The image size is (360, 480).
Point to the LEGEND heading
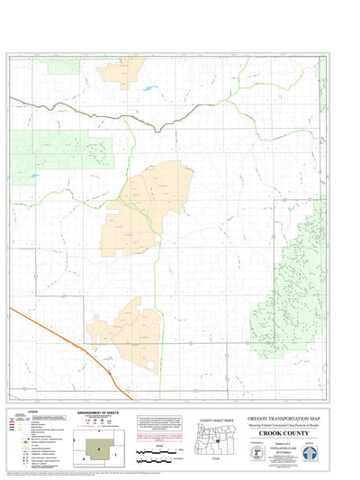pos(25,411)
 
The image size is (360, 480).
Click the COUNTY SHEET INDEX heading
pos(217,421)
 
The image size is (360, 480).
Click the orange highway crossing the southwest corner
pos(72,341)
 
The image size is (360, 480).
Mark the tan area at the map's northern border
pos(122,70)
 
